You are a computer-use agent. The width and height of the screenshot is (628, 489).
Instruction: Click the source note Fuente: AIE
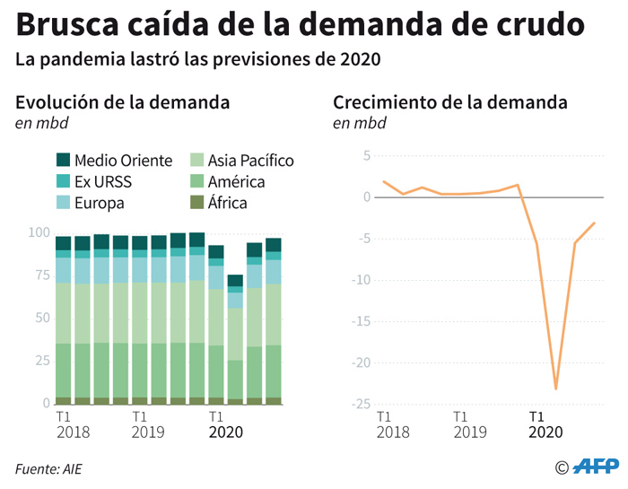click(x=54, y=468)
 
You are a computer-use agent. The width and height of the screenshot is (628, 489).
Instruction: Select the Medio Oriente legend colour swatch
click(x=63, y=161)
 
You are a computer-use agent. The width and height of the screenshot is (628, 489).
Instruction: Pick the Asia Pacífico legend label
click(x=250, y=161)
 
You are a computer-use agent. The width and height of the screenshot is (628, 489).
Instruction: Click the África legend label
click(x=227, y=203)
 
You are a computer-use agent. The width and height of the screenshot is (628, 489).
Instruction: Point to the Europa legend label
click(x=99, y=203)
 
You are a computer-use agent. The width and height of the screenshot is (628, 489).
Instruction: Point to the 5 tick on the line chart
click(x=366, y=156)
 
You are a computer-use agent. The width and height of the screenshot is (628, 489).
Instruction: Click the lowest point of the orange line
click(x=556, y=389)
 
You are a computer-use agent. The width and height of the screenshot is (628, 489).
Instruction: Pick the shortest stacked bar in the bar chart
click(x=235, y=339)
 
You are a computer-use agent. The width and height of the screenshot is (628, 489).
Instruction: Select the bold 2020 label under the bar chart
click(x=225, y=432)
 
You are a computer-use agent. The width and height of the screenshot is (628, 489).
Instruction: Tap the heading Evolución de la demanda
click(x=123, y=102)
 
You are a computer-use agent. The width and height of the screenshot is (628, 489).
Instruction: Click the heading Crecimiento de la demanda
click(x=450, y=102)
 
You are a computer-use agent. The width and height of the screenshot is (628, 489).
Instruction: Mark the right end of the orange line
click(x=594, y=223)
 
